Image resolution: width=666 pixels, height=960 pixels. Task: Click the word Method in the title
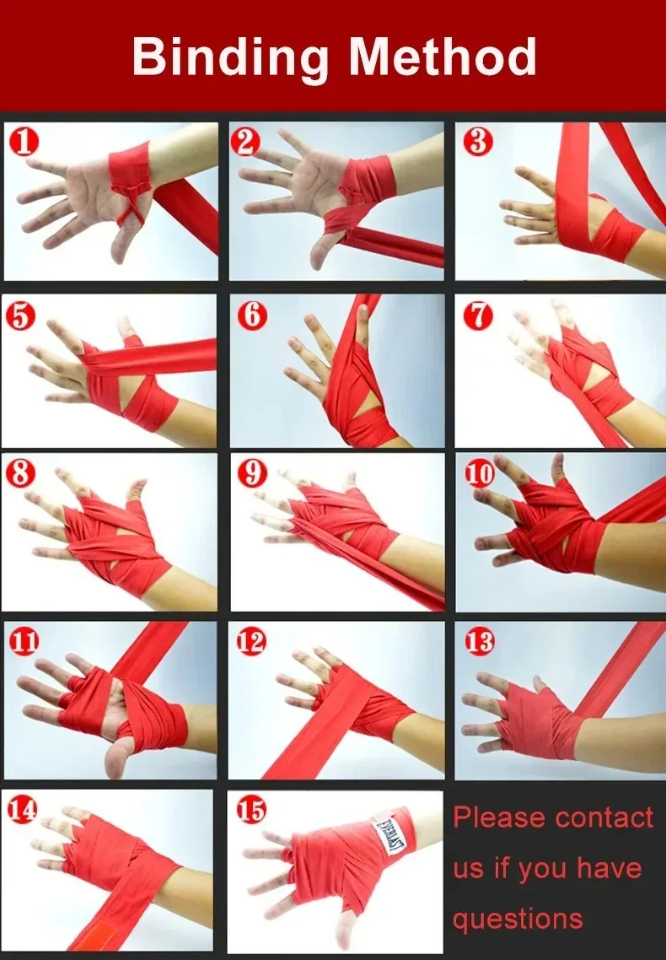coord(442,56)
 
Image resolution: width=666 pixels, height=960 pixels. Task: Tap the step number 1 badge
coord(24,143)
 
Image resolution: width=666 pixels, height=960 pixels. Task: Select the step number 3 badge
coord(478,142)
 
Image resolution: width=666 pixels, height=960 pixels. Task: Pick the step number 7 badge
coord(478,316)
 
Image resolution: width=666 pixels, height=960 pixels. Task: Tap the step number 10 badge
coord(480,473)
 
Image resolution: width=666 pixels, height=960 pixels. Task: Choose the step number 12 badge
coord(252,641)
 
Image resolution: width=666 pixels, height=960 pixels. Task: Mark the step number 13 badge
coord(480,641)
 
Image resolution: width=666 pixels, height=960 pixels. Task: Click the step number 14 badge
coord(22,809)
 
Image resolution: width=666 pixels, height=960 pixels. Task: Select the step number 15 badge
coord(251,809)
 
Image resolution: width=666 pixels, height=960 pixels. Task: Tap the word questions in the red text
coord(518,920)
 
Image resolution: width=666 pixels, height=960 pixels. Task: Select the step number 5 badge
coord(21,316)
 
